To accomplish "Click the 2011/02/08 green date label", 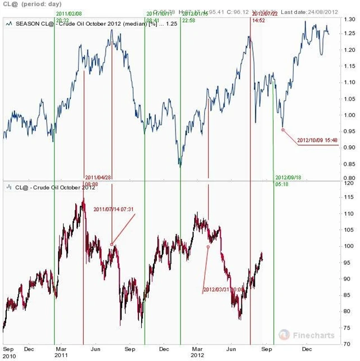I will (67, 13).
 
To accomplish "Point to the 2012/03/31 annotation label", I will (223, 290).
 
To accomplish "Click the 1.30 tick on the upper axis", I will (350, 19).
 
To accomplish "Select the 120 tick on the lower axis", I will (350, 183).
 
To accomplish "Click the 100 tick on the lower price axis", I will (350, 246).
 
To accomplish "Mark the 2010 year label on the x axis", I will (9, 356).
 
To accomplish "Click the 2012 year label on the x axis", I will (197, 356).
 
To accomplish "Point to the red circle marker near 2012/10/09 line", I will (282, 129).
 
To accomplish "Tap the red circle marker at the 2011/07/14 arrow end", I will (112, 245).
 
